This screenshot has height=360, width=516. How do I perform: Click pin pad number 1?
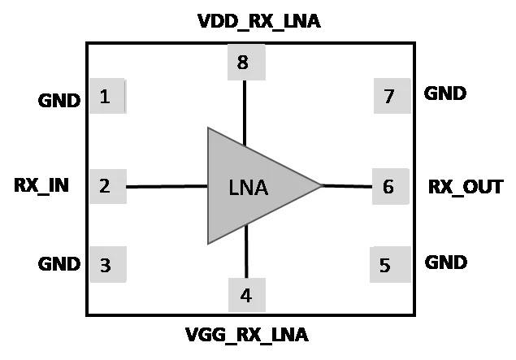(107, 96)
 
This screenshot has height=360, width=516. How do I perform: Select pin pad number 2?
(108, 186)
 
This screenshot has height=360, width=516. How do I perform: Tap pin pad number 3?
(108, 264)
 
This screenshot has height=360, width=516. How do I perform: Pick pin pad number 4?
(247, 295)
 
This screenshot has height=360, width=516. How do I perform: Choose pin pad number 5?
(390, 265)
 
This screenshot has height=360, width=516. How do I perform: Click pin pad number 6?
(391, 186)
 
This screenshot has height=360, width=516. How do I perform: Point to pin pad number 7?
(392, 96)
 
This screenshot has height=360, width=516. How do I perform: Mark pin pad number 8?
(246, 63)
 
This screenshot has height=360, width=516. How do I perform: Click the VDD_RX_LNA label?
(259, 21)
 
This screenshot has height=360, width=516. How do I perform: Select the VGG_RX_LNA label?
(247, 335)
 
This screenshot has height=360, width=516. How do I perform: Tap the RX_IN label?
(41, 185)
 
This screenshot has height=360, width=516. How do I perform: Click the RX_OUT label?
(466, 187)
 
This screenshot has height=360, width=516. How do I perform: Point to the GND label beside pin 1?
(59, 100)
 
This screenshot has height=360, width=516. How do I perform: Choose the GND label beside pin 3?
(59, 264)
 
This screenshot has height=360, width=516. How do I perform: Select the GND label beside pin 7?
(445, 93)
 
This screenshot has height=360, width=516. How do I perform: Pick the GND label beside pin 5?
(446, 262)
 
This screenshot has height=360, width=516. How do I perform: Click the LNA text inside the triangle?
(249, 188)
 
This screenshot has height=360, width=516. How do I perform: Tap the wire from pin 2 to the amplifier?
(167, 187)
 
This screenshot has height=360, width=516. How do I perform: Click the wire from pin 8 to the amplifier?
(245, 113)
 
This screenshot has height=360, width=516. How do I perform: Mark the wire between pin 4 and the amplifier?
(246, 251)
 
